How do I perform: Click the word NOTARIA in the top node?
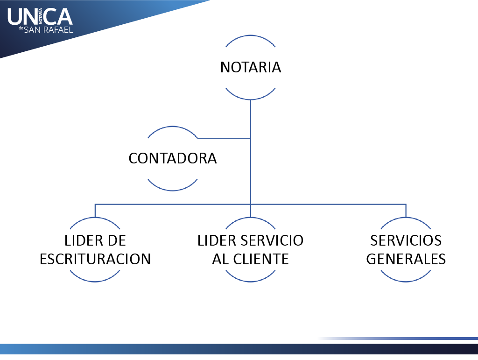[251, 67]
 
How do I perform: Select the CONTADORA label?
[173, 158]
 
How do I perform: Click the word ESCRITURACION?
[95, 259]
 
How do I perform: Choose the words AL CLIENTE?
[251, 259]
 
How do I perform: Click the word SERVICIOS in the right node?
[406, 240]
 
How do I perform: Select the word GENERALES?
[406, 259]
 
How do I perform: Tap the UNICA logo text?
[40, 17]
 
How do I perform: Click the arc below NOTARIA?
[251, 99]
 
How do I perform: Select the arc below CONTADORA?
[173, 190]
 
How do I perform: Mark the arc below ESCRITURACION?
[95, 281]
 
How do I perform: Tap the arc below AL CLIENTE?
[251, 281]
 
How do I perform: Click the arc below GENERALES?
[406, 281]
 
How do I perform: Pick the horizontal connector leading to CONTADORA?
[224, 138]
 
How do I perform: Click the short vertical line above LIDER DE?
[95, 211]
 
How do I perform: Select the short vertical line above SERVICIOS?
[406, 211]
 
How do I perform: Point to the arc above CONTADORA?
[173, 127]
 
